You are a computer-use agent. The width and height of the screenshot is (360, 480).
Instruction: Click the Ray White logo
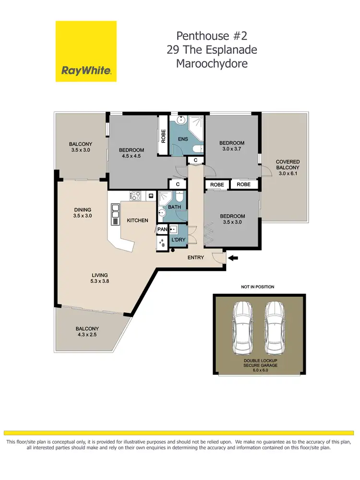click(86, 51)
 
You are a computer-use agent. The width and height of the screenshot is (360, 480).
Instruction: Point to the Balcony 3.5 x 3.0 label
click(81, 147)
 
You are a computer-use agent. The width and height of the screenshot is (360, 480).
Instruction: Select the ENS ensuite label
click(183, 139)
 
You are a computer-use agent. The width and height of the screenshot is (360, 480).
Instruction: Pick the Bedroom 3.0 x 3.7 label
click(232, 146)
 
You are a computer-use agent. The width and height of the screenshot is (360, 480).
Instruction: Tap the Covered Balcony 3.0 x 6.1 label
click(288, 168)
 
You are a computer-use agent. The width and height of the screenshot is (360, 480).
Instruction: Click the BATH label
click(174, 207)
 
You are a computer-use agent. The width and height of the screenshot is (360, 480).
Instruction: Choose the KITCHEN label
click(137, 220)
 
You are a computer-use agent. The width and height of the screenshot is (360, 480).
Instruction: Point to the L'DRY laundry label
click(179, 239)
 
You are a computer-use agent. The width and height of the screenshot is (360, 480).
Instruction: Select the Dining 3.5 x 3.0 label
click(83, 213)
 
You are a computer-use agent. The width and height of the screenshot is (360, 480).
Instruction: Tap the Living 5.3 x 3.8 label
click(101, 278)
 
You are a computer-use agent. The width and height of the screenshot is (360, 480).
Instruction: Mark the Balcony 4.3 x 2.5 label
click(86, 332)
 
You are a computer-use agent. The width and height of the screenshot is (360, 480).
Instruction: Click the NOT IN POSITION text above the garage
click(257, 287)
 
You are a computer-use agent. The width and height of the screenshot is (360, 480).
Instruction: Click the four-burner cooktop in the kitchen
click(136, 196)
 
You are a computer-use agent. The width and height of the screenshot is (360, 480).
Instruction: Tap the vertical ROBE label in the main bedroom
click(164, 136)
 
